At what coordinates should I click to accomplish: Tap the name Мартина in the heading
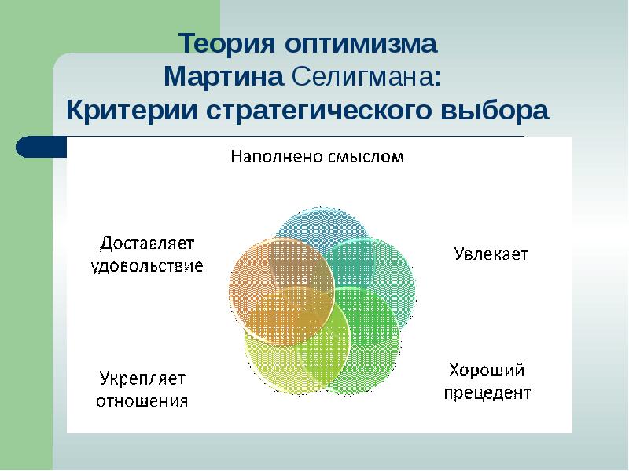tap(224, 77)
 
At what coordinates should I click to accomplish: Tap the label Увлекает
tap(491, 254)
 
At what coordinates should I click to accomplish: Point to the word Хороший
tap(487, 370)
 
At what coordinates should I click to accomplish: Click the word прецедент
tap(488, 392)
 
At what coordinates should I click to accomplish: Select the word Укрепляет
tap(142, 378)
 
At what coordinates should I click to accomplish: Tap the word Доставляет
tap(147, 243)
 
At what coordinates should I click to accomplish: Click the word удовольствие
tap(147, 265)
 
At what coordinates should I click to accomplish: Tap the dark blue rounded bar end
tap(35, 147)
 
